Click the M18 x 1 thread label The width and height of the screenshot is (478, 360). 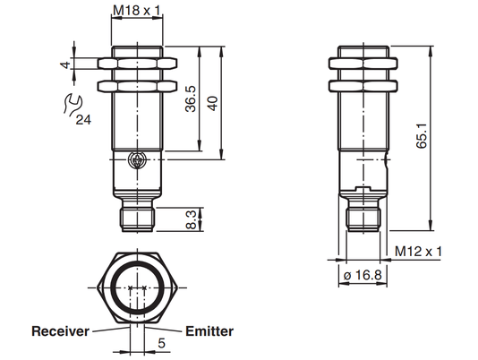(x=137, y=11)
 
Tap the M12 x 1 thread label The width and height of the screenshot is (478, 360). (x=418, y=252)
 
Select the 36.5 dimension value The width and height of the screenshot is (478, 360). (x=192, y=99)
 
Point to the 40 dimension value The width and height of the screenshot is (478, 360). (x=212, y=103)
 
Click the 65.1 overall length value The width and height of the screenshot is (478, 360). (x=422, y=136)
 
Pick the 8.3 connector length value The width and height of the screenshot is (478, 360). (x=192, y=220)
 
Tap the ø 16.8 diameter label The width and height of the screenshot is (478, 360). (x=363, y=275)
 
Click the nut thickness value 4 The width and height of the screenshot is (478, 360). (x=66, y=65)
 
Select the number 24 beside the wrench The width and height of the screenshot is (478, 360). (x=83, y=120)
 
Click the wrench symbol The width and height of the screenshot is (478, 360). (x=73, y=105)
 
